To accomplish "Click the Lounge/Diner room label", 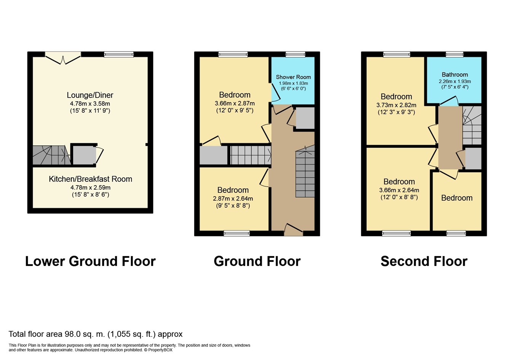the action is [x=90, y=95].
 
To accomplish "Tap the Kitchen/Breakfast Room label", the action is [x=90, y=179].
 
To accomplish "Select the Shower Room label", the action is [x=293, y=77].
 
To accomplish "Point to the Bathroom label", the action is [x=455, y=75].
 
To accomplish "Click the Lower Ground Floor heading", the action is [x=90, y=261].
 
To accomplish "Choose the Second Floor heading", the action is [x=424, y=261].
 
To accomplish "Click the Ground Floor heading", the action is [x=257, y=261].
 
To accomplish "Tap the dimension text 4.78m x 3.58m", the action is [x=90, y=104].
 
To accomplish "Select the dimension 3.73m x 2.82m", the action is [x=396, y=105].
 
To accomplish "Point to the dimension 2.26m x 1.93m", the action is [x=455, y=81].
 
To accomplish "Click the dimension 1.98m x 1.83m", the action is [x=293, y=83].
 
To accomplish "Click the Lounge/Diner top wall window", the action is [x=119, y=54].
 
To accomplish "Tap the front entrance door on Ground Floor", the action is [x=294, y=230].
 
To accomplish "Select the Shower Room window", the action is [x=295, y=54].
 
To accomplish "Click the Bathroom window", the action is [x=455, y=54].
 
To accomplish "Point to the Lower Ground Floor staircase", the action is [x=51, y=155].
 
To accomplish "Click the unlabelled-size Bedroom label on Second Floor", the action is [x=457, y=198].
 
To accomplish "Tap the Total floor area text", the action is [x=96, y=334].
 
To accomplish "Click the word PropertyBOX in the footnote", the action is [x=160, y=350].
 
